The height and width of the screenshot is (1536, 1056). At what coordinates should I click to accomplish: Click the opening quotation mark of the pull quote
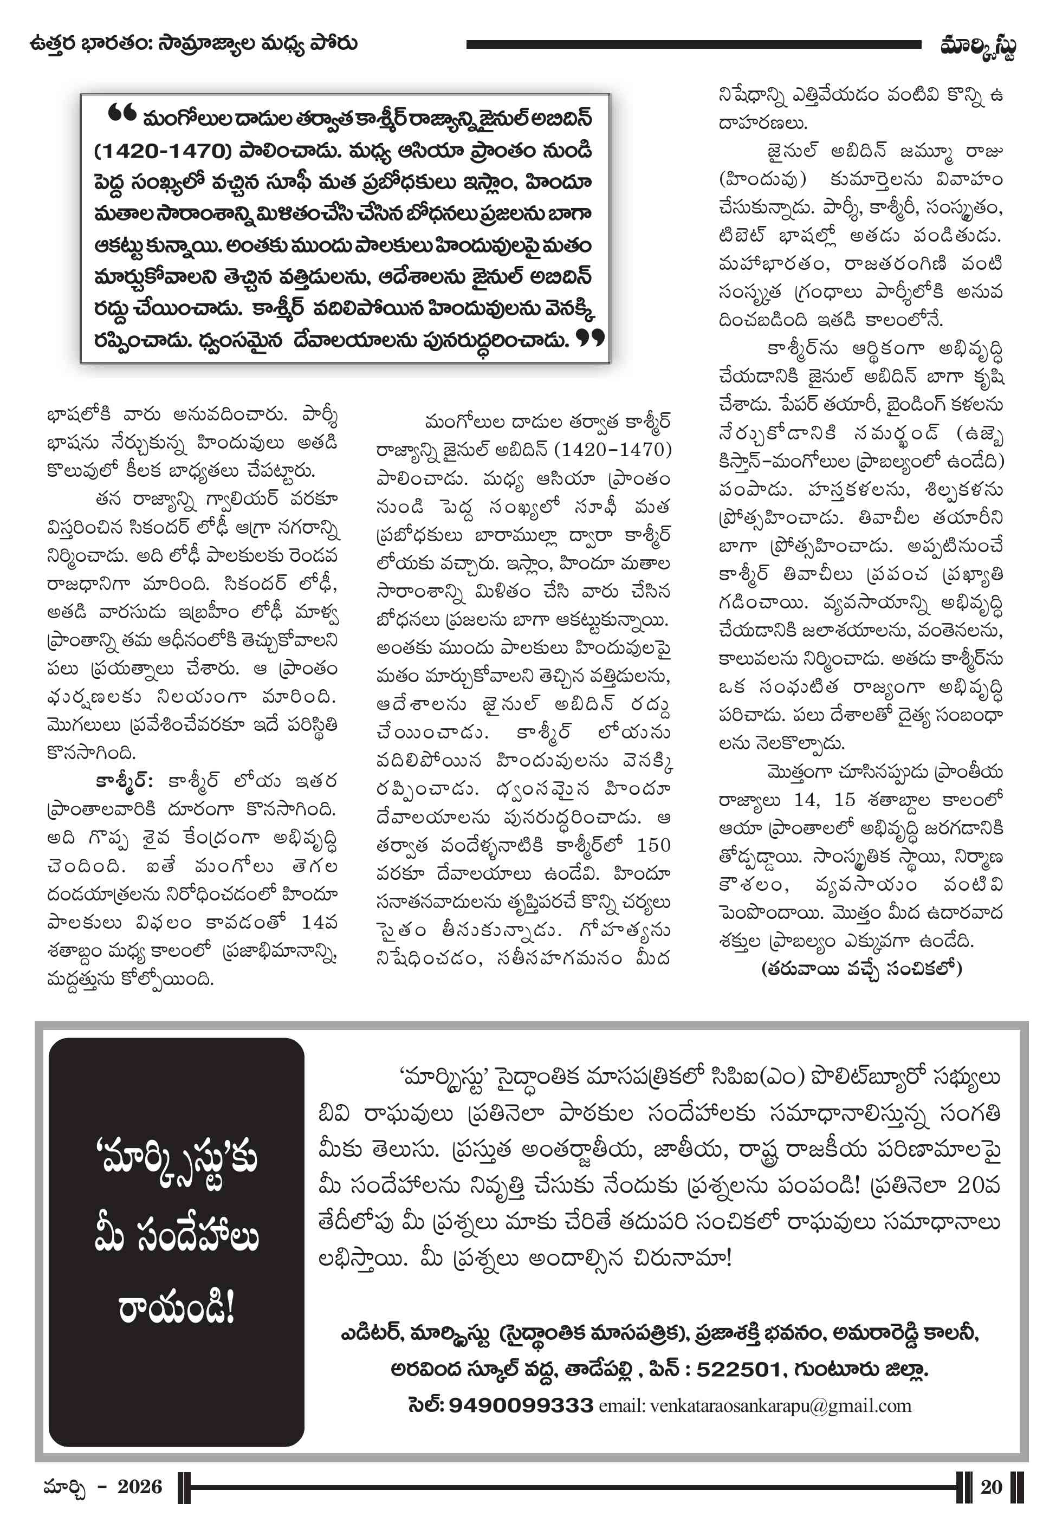[122, 114]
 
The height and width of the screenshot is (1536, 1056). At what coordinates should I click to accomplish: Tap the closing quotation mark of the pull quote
[589, 338]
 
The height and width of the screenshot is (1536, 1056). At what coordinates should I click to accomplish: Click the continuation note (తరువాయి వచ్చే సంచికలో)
[861, 969]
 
